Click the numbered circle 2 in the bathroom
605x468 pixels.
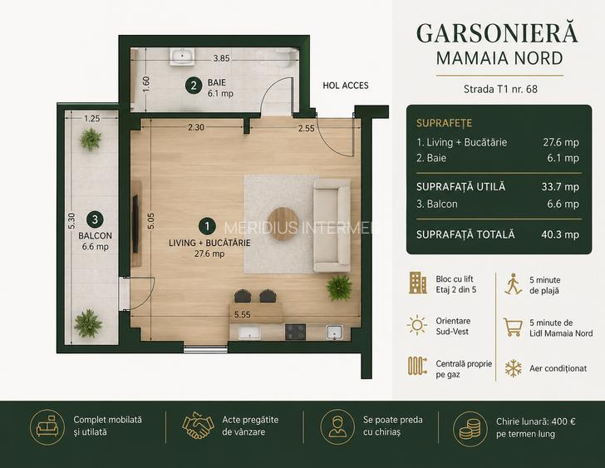tap(194, 86)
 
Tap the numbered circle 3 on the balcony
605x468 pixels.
tap(95, 219)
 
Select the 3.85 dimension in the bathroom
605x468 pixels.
tap(221, 58)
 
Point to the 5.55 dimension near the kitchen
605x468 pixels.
tap(243, 315)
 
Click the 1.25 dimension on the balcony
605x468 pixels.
tap(91, 118)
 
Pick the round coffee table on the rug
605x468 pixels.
tap(283, 224)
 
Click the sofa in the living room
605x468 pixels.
tap(332, 225)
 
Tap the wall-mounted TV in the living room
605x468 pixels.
tap(135, 224)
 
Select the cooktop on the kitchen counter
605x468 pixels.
tap(295, 332)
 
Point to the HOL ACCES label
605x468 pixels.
tap(346, 86)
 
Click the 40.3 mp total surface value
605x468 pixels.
tap(560, 234)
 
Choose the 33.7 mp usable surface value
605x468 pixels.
tap(560, 187)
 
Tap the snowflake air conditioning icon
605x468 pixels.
tap(514, 368)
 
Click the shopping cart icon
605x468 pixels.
tap(514, 328)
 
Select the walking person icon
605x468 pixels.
tap(513, 284)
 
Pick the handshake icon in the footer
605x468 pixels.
tap(198, 426)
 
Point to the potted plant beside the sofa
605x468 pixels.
tap(339, 288)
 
